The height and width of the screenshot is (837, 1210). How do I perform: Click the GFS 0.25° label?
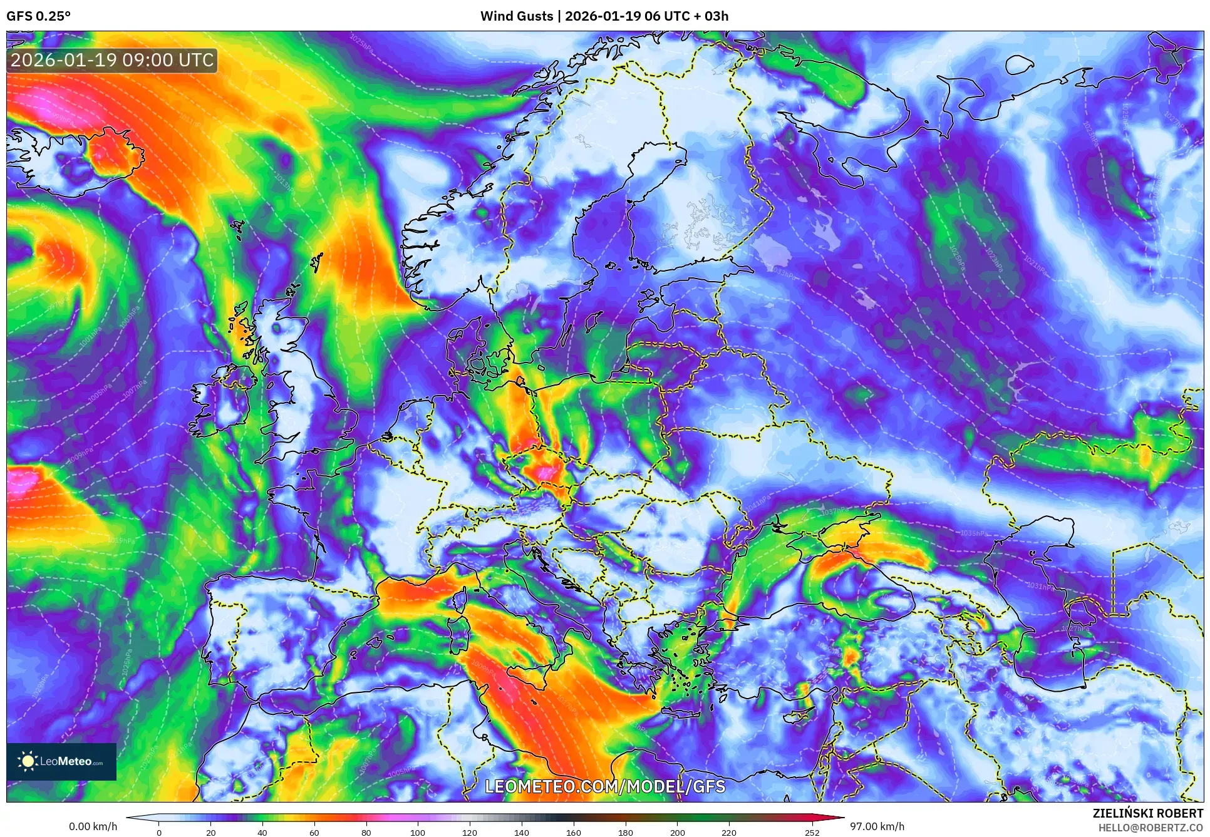pos(38,16)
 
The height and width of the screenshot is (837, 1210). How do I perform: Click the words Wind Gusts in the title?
pos(517,16)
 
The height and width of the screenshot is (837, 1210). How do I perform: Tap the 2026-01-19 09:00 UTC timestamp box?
pos(112,61)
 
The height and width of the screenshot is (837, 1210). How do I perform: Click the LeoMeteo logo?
pos(61,761)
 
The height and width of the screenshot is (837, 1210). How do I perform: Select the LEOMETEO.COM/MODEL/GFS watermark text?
pos(605,786)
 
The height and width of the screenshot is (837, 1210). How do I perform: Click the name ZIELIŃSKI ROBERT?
pos(1148,813)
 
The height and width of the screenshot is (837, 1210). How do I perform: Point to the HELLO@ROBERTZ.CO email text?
pos(1151,828)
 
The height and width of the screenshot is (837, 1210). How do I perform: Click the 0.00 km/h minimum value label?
pos(93,826)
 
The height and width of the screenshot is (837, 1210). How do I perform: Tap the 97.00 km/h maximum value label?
pos(877,826)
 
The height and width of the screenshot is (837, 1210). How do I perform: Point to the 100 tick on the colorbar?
pos(418,832)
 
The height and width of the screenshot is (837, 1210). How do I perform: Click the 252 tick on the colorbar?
pos(812,832)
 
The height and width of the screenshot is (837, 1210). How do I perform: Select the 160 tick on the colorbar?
pos(573,832)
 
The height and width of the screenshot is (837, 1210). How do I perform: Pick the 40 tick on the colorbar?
pos(262,832)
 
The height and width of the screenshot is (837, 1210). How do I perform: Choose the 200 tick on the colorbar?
pos(677,832)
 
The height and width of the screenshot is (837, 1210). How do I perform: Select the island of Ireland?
pos(219,401)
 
